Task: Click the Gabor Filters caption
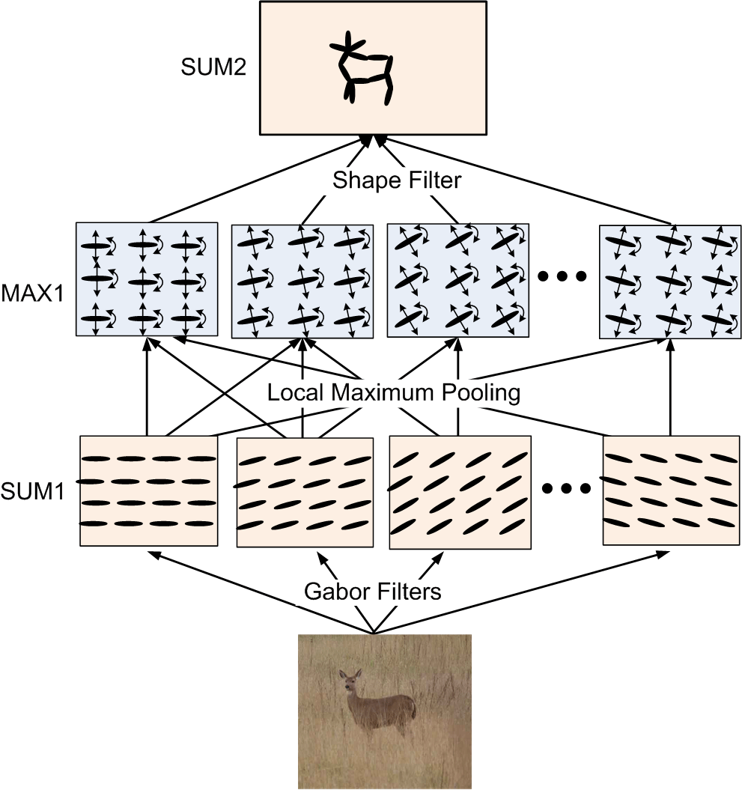click(372, 592)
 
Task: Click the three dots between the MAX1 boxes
click(562, 277)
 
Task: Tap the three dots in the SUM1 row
click(566, 490)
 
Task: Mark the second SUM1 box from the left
click(303, 492)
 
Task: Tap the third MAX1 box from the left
click(457, 280)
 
